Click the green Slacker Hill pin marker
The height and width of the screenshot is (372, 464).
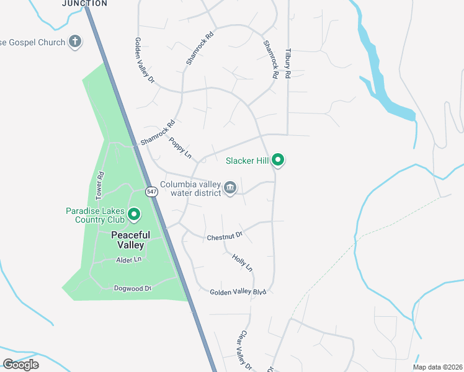pyautogui.click(x=279, y=161)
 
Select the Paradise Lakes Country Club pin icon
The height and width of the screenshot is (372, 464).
pyautogui.click(x=133, y=215)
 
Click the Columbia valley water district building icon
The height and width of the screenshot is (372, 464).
pyautogui.click(x=230, y=187)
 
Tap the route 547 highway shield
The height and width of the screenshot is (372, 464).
pyautogui.click(x=152, y=192)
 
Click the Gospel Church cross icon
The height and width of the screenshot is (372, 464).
pyautogui.click(x=74, y=42)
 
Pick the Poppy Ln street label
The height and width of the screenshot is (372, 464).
pyautogui.click(x=180, y=147)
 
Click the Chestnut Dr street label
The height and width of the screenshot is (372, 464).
pyautogui.click(x=224, y=237)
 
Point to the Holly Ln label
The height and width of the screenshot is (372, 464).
pyautogui.click(x=243, y=262)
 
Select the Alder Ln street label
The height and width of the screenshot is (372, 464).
pyautogui.click(x=130, y=260)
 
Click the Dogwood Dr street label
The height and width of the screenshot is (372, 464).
pyautogui.click(x=133, y=288)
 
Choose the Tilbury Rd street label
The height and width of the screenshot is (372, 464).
pyautogui.click(x=287, y=64)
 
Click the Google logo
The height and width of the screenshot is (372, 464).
pyautogui.click(x=21, y=364)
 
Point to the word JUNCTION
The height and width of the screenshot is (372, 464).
pyautogui.click(x=84, y=4)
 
